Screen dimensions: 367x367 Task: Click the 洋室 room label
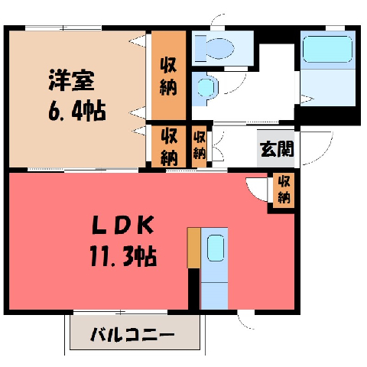coord(72,80)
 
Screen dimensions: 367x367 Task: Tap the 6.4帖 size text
coord(77,111)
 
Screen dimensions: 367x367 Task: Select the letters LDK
coord(123,225)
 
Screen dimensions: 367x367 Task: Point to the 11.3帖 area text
coord(123,256)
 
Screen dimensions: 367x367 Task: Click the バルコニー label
coord(133,335)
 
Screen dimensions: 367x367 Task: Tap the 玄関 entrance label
coord(277,149)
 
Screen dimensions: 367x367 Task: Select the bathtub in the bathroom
coord(328,49)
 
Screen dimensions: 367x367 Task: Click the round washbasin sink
coord(206,87)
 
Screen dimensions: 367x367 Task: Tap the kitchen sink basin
coord(216,248)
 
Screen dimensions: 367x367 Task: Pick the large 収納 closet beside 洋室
coord(169,75)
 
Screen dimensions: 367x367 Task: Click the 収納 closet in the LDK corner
coord(284,190)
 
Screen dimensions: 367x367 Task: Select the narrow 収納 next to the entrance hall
coord(200,147)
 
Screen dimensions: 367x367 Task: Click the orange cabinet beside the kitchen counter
coord(194,248)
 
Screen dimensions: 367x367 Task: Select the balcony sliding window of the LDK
coord(120,312)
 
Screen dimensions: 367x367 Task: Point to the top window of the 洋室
coord(63,28)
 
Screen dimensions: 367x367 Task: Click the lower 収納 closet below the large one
coord(169,147)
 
